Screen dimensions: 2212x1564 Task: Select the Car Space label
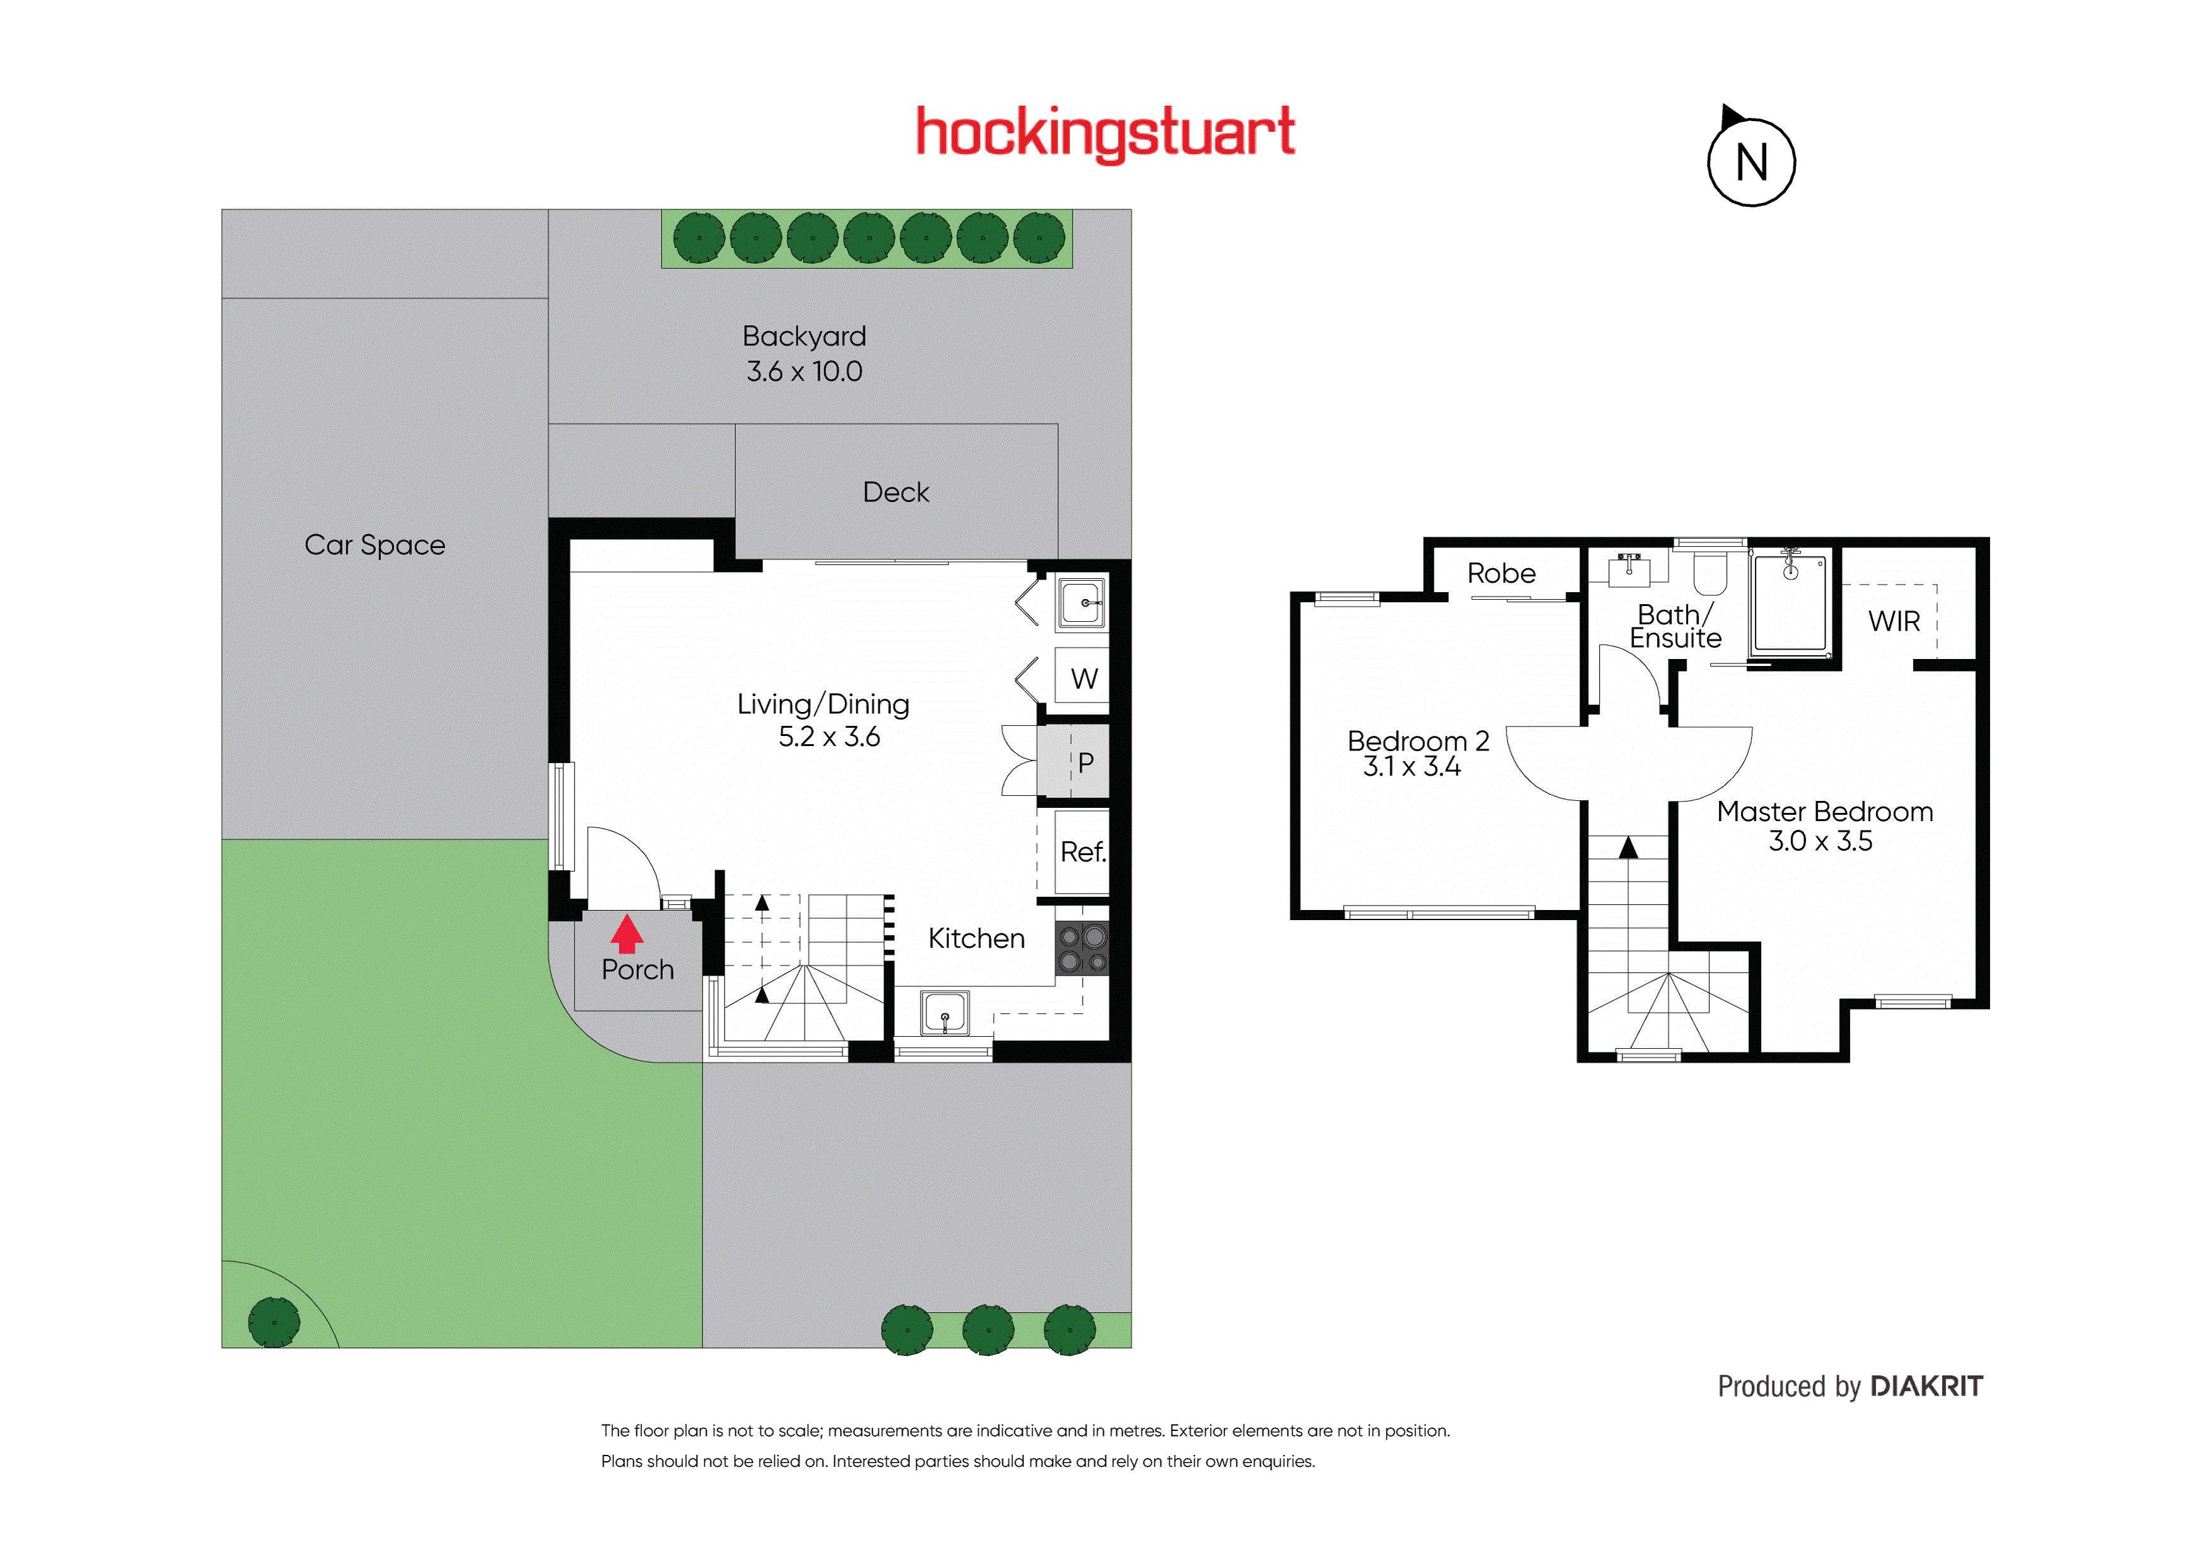[375, 546]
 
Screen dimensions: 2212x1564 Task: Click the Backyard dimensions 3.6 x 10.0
[805, 371]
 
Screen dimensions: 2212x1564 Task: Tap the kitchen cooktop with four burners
[1083, 949]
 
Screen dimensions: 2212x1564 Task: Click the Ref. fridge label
[1083, 852]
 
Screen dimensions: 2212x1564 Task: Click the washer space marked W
[1083, 679]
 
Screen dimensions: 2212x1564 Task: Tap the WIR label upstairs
[1894, 622]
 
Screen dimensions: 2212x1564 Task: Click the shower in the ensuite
[1791, 604]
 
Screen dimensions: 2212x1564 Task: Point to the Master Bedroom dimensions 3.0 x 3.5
[1820, 841]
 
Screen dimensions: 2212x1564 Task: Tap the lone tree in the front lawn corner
[274, 1322]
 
